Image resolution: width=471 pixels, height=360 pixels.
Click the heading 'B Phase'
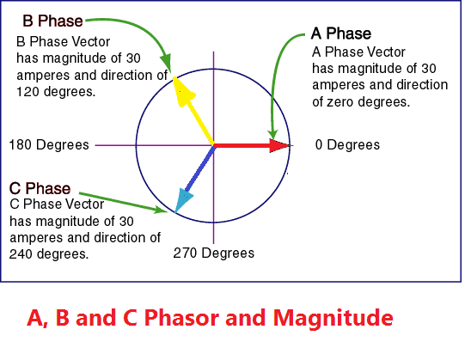point(53,20)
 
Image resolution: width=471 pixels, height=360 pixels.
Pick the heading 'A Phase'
point(340,34)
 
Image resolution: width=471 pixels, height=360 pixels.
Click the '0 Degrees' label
point(347,145)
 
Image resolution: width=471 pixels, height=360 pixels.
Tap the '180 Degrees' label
point(49,144)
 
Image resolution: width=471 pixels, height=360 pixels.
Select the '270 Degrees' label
point(214,253)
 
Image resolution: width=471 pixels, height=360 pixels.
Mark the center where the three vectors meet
point(213,146)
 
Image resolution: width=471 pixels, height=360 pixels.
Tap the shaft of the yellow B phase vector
point(199,119)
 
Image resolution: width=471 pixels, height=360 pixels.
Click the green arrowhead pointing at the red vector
point(273,135)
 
